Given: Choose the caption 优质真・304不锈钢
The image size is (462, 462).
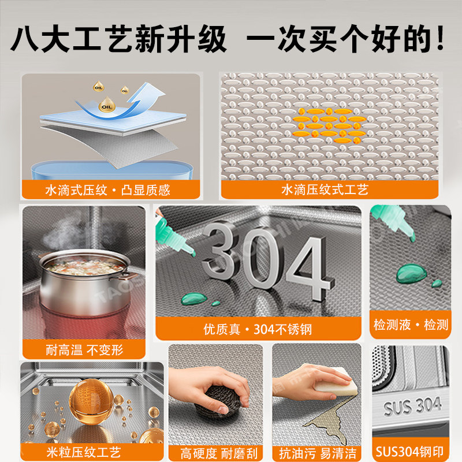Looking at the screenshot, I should (x=258, y=329).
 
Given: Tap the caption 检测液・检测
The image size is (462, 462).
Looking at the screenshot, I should (x=411, y=325).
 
